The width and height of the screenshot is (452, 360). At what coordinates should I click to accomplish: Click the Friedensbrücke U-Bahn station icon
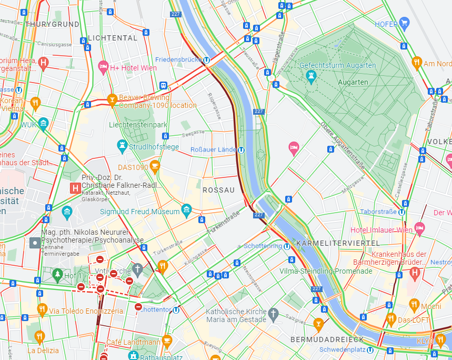pos(207,60)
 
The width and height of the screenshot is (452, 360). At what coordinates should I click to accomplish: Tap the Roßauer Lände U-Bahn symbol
pos(240,150)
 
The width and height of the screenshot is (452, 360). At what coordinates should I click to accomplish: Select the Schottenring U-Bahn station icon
pos(287,246)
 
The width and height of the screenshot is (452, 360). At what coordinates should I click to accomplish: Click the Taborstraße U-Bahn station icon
pos(401,212)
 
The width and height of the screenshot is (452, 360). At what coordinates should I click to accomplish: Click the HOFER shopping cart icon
pos(404,23)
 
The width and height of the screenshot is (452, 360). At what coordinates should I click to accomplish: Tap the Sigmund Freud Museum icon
pos(186,212)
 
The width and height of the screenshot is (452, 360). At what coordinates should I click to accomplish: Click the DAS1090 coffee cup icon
pos(155,167)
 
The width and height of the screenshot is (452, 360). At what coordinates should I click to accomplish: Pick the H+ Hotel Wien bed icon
pos(103,67)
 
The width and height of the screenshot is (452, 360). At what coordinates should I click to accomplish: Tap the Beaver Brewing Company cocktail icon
pos(112,99)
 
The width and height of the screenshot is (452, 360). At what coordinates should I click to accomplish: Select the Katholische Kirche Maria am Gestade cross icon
pos(273,315)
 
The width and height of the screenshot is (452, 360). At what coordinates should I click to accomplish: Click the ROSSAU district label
pos(218,189)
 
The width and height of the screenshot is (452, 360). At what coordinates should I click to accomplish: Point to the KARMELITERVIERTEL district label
pos(338,243)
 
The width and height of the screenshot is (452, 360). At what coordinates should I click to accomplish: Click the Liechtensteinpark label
pos(138,125)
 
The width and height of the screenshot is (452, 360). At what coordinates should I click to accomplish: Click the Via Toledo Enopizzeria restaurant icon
pos(42,309)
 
